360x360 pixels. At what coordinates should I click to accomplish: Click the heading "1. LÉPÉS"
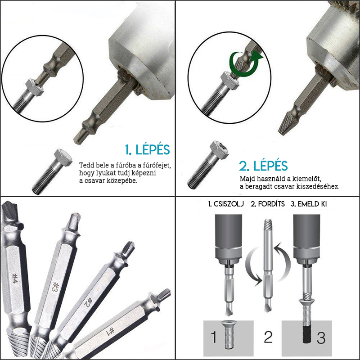tap(147, 149)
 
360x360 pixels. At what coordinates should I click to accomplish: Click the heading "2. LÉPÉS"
tap(263, 166)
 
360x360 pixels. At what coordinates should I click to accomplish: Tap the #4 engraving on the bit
tap(14, 278)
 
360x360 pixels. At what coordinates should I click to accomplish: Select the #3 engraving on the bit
tap(56, 288)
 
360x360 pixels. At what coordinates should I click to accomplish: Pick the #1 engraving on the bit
tap(110, 331)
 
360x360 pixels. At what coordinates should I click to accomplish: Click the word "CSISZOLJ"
tap(229, 204)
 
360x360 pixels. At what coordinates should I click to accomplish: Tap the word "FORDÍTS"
tap(271, 204)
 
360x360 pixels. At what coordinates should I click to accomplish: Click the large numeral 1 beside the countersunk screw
tap(213, 337)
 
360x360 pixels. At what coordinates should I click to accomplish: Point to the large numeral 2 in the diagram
tap(268, 337)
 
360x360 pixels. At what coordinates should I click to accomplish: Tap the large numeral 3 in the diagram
tap(321, 337)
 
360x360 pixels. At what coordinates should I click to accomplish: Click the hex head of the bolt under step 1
tap(63, 157)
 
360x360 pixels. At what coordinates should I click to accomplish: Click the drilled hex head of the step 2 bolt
tap(219, 150)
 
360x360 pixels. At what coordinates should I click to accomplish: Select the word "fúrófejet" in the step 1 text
tap(157, 165)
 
